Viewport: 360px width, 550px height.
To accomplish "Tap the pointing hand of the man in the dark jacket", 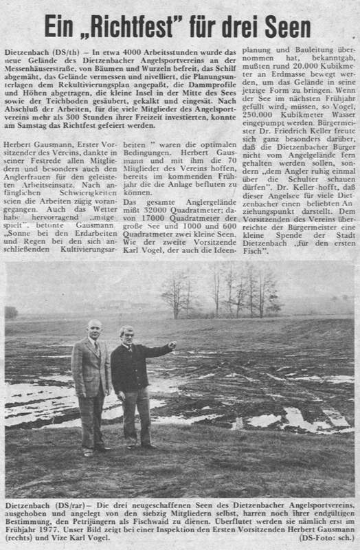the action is (x=172, y=344).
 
